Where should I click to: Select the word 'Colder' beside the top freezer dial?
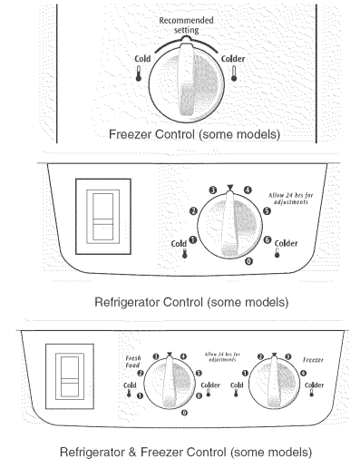coord(232,60)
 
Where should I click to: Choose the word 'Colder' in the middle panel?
coord(287,242)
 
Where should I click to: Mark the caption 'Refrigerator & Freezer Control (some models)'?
coord(185,451)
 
